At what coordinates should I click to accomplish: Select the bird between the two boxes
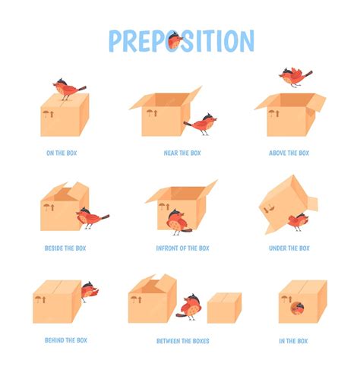tap(191, 305)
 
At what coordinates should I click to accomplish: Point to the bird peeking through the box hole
tap(298, 308)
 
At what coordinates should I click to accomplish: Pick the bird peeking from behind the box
tap(88, 289)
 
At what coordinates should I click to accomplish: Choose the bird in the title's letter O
tap(175, 40)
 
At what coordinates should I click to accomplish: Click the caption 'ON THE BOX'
tap(62, 153)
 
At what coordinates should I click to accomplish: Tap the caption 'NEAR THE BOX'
tap(182, 153)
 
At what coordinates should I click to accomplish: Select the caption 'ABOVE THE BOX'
tap(289, 153)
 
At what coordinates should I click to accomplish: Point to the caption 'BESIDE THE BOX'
tap(65, 248)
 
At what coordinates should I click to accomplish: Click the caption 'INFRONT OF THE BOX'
tap(182, 248)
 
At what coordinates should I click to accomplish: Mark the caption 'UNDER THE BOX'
tap(289, 248)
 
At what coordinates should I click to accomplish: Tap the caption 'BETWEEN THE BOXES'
tap(182, 340)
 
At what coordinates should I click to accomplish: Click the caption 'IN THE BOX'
tap(292, 340)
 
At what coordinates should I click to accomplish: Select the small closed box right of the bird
tap(223, 308)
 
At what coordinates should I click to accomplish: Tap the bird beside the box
tap(90, 218)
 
